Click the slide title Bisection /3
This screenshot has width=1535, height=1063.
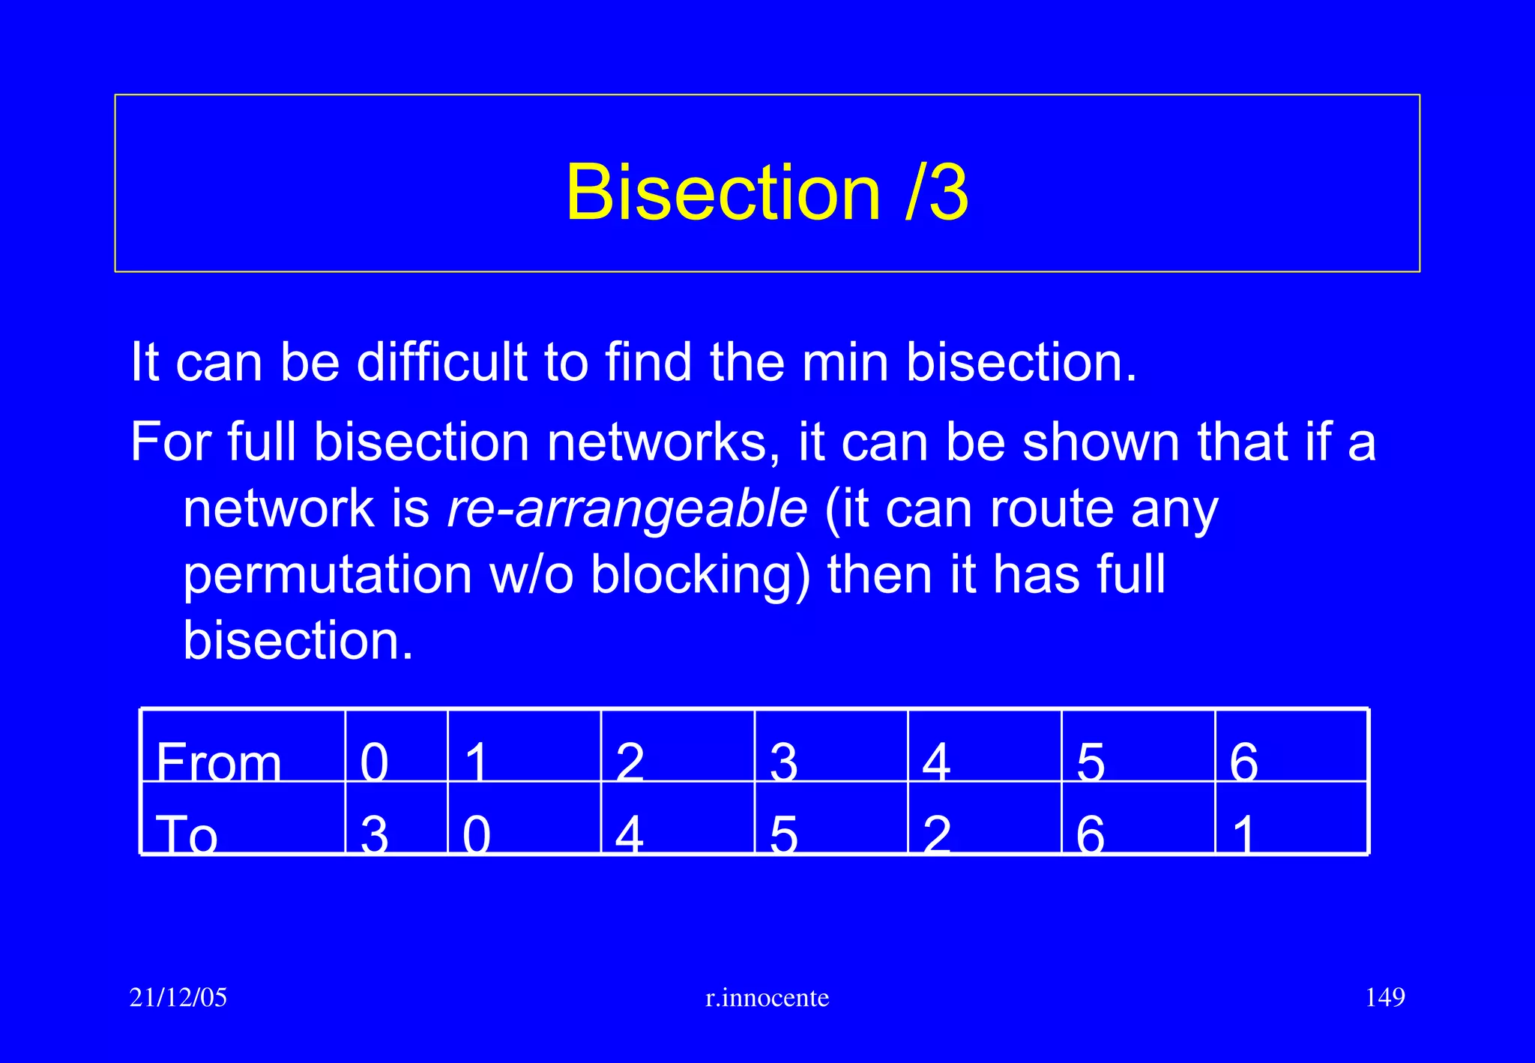click(x=767, y=193)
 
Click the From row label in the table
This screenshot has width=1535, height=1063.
click(x=219, y=762)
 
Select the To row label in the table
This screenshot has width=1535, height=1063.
click(x=187, y=834)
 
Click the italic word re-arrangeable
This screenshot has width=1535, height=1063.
click(x=627, y=509)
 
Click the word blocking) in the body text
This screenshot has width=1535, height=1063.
click(x=701, y=575)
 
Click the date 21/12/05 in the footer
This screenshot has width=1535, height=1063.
click(x=178, y=998)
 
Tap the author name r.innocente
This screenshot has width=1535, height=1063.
click(x=767, y=998)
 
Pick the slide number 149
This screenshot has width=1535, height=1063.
click(x=1385, y=998)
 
